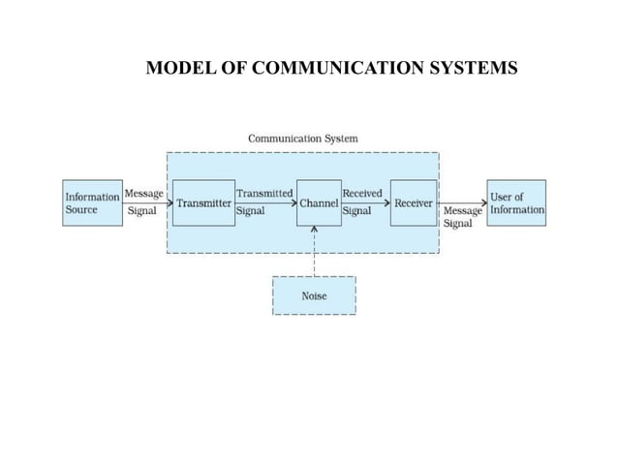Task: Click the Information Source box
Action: tap(92, 202)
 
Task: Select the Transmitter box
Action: tap(203, 202)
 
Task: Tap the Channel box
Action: tap(319, 202)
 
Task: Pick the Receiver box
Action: tap(413, 202)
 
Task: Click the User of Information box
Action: tap(516, 202)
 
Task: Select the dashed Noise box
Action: tap(314, 295)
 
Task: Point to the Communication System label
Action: tap(302, 139)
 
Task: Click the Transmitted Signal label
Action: tap(264, 201)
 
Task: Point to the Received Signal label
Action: tap(362, 201)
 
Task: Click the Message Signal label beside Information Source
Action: tap(144, 201)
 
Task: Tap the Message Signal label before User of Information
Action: tap(462, 216)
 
